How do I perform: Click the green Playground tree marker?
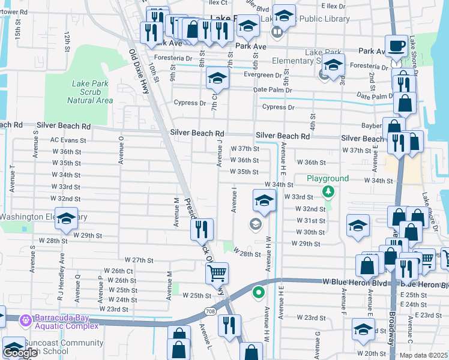coord(328,191)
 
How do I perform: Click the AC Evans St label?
coord(68,140)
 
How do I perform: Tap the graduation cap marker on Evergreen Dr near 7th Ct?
coord(217,77)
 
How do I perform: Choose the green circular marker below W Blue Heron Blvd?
coord(259,293)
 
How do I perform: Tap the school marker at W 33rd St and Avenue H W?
coord(264,201)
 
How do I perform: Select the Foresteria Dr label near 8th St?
coord(188,59)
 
